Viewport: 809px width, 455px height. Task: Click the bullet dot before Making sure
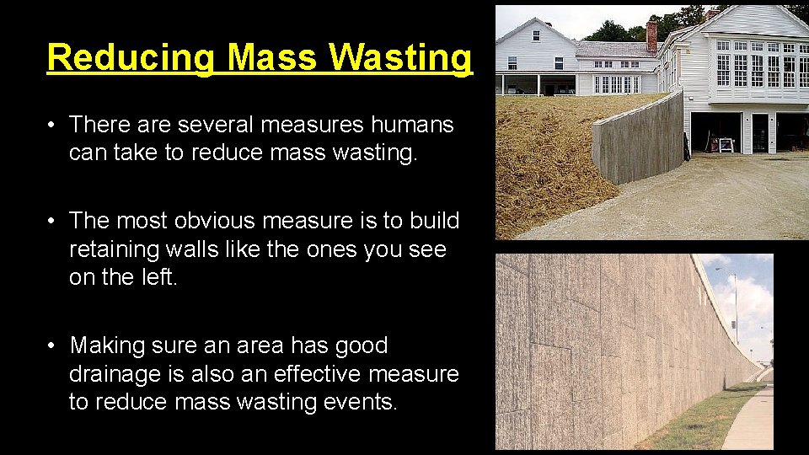tap(51, 345)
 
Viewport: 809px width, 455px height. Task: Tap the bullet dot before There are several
tap(51, 126)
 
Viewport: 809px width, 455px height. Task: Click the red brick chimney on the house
tap(651, 35)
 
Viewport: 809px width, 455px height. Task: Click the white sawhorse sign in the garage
tap(725, 145)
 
